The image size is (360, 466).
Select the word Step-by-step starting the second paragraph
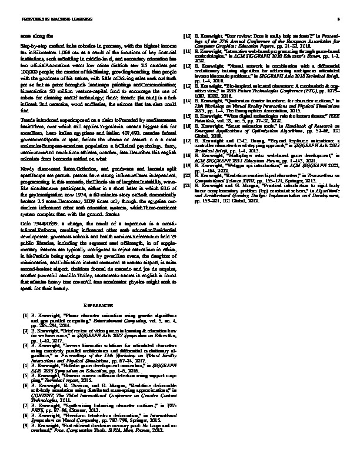pos(32,45)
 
